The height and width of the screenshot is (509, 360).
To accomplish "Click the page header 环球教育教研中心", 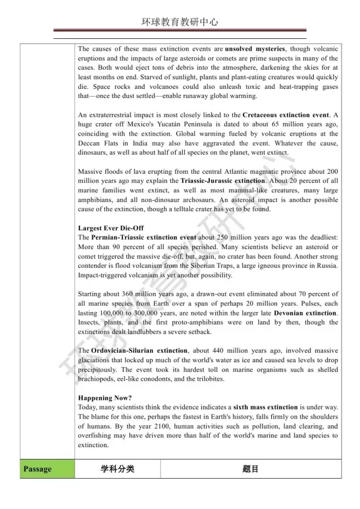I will coord(180,22).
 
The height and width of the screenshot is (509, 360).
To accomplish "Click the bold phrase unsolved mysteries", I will coord(255,49).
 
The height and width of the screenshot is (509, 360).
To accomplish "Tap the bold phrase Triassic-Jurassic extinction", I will coord(222,181).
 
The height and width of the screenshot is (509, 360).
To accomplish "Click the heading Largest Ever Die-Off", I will coord(111,228).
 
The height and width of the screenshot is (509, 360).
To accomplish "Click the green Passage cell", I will coord(37,469).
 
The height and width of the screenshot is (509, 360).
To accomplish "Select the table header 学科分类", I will coord(118,469).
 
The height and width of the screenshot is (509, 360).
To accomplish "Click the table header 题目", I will coord(250,469).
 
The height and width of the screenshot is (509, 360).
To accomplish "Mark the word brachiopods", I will coord(96,379).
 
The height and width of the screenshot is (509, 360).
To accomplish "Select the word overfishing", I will coord(96,436).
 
